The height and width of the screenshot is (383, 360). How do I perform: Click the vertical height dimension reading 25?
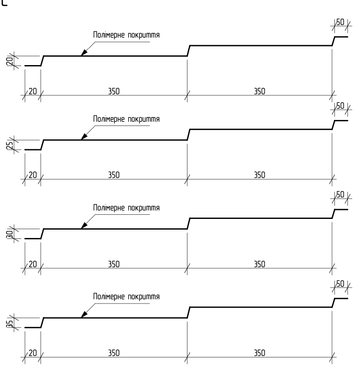[x=10, y=145]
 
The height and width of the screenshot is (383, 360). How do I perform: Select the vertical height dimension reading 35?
[x=10, y=323]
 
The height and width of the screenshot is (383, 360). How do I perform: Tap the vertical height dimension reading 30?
[x=10, y=234]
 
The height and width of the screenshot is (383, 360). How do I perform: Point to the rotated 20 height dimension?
[x=10, y=61]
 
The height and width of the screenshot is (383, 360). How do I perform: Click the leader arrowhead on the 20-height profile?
[x=84, y=53]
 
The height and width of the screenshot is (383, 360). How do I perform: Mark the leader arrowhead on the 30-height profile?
[x=84, y=225]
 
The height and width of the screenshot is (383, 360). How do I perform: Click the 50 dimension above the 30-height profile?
[x=340, y=195]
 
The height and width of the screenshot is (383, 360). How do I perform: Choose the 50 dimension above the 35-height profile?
[x=340, y=284]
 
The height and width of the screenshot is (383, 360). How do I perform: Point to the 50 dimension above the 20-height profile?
[x=340, y=22]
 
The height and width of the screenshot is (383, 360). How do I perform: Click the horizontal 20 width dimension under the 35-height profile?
[x=33, y=353]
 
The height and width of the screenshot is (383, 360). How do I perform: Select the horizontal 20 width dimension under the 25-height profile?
[x=33, y=175]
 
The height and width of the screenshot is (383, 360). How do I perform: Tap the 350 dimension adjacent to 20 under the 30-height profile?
[x=114, y=264]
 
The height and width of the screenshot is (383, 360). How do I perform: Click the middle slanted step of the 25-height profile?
[x=188, y=135]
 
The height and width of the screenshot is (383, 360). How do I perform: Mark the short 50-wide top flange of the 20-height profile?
[x=341, y=37]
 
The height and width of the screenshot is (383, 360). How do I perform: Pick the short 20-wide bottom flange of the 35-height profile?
[x=33, y=327]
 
